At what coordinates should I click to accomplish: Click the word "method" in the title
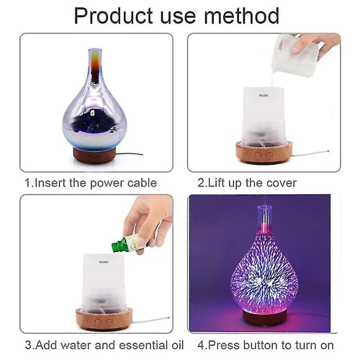click(x=241, y=16)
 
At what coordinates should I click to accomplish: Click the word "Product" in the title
click(x=113, y=16)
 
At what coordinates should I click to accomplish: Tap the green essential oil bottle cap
click(x=118, y=245)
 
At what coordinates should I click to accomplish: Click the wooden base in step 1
click(x=94, y=155)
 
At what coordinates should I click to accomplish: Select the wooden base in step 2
click(x=264, y=153)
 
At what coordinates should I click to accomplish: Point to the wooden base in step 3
click(x=104, y=319)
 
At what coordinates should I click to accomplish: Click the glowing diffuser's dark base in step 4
click(x=264, y=318)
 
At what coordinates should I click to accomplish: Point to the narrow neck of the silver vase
click(x=95, y=65)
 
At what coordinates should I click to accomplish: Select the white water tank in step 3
click(x=104, y=283)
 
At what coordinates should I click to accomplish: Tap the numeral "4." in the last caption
click(x=202, y=345)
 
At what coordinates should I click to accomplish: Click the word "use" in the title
click(x=178, y=17)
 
